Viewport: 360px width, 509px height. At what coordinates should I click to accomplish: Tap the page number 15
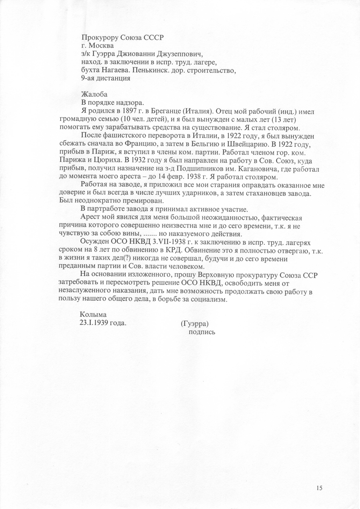point(319,487)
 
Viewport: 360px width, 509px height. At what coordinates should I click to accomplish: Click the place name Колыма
point(93,315)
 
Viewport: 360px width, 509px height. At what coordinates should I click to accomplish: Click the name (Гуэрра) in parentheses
point(195,323)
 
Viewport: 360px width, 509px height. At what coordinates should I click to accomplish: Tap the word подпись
point(202,332)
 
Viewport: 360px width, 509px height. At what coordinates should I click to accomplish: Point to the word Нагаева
point(113,70)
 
